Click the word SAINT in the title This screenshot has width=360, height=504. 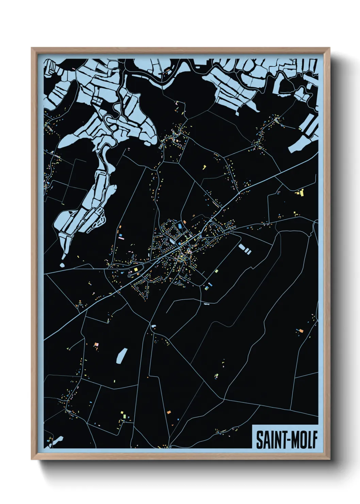click(268, 440)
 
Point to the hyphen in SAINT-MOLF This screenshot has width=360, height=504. click(283, 440)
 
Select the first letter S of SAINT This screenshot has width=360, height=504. click(259, 440)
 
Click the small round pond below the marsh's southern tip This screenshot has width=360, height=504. click(62, 265)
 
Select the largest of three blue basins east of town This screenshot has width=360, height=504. click(242, 247)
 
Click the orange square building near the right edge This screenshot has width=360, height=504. click(300, 330)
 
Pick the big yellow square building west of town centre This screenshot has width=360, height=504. click(136, 270)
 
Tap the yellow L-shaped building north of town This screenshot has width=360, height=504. click(204, 167)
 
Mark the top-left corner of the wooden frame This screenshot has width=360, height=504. click(32, 48)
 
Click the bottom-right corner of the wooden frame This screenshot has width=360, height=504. click(330, 459)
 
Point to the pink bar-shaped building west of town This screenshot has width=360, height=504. click(121, 239)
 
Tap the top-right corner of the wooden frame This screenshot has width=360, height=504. click(330, 48)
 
